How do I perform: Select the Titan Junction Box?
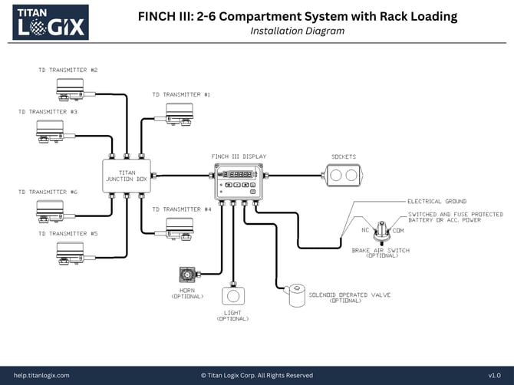127,176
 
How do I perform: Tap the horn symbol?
186,275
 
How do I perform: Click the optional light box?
232,296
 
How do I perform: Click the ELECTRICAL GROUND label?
437,202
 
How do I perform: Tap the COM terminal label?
400,230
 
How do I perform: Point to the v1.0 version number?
494,375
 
